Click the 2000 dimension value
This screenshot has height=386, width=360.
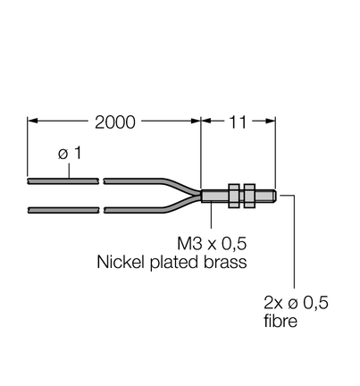pos(115,122)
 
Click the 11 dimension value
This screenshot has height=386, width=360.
pos(238,122)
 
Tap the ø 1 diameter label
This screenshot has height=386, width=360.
pos(70,153)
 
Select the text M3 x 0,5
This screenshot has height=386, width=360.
pos(212,243)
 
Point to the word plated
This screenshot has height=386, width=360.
pos(174,264)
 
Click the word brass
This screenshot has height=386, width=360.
pos(225,262)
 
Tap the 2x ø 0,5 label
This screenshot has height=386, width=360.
pos(296,303)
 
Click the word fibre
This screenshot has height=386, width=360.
pos(280,321)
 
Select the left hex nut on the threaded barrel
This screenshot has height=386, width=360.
pos(234,196)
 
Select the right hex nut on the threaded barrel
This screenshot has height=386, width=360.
pos(249,196)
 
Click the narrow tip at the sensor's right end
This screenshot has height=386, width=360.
pos(275,196)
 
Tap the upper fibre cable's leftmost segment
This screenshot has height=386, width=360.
pos(63,181)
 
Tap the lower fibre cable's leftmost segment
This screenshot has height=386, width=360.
pos(63,210)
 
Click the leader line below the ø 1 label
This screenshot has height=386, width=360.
pos(70,171)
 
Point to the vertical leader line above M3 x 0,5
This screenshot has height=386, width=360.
pos(212,215)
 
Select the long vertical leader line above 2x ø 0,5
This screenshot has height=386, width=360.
pos(295,241)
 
